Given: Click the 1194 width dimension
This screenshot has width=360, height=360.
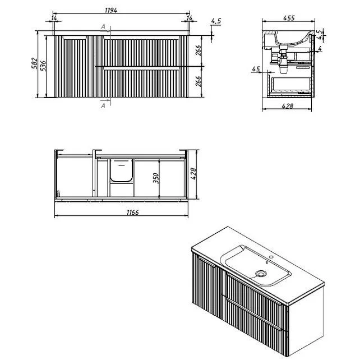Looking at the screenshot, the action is tap(111, 10).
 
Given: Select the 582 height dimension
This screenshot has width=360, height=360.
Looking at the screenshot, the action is tap(34, 63).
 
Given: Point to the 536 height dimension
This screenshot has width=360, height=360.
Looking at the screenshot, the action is tap(43, 66).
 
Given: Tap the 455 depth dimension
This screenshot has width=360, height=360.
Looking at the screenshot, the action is tap(289, 18).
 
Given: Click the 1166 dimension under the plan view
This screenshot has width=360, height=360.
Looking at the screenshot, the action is tap(133, 213).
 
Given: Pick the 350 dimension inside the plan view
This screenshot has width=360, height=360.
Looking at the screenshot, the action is tap(156, 178).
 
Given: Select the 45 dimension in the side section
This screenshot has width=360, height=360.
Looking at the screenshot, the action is tap(256, 69).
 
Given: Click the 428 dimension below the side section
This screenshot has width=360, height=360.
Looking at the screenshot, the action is tap(287, 106).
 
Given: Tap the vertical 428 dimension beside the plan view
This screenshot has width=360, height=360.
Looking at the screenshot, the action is tap(194, 174).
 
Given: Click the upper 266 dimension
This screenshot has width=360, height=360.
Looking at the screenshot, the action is tap(199, 50).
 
